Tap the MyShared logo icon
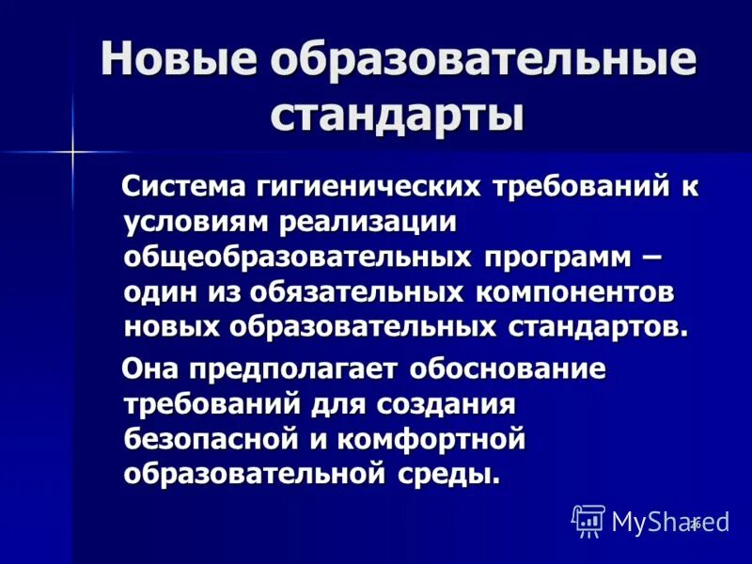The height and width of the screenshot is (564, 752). [x=588, y=520]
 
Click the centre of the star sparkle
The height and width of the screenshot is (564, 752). [x=71, y=150]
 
